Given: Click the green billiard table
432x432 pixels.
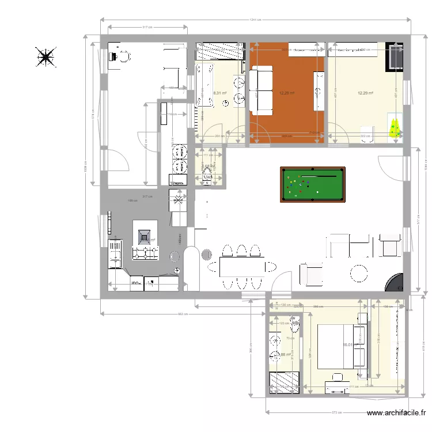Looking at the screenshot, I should click(313, 184).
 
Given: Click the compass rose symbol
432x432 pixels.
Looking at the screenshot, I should click(45, 57).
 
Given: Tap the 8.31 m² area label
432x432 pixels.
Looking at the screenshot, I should click(219, 93).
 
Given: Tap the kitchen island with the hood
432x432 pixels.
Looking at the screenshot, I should click(145, 238).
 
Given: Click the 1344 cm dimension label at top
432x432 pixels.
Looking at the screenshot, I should click(255, 20).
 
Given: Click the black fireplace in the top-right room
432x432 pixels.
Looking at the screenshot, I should click(395, 56).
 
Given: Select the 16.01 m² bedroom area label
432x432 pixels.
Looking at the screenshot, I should click(347, 345).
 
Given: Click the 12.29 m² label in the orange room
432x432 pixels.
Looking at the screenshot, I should click(287, 93).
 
